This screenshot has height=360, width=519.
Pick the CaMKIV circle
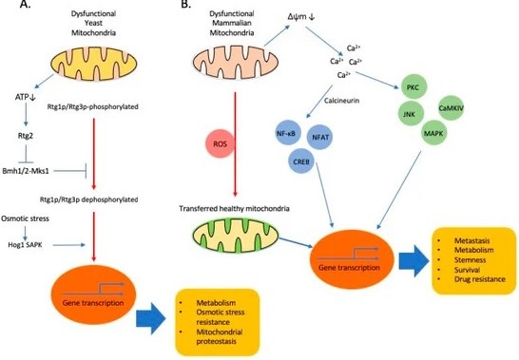pyautogui.click(x=452, y=111)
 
